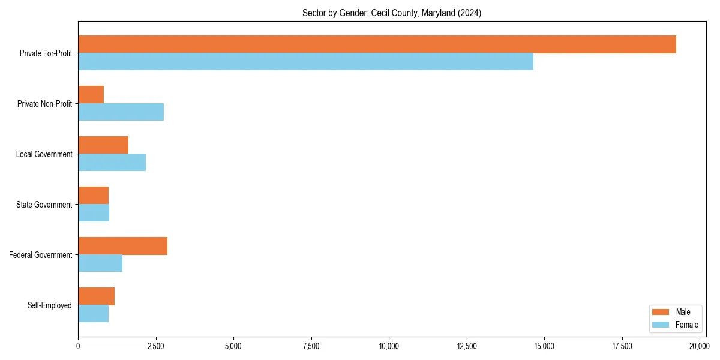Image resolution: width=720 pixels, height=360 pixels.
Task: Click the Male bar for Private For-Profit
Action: pyautogui.click(x=377, y=44)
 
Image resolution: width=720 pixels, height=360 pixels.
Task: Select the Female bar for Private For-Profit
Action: pyautogui.click(x=305, y=62)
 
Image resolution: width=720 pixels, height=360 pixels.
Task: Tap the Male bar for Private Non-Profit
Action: pyautogui.click(x=91, y=95)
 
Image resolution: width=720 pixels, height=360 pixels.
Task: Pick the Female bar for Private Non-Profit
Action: pyautogui.click(x=121, y=112)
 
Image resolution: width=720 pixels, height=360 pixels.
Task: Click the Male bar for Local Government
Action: pyautogui.click(x=103, y=145)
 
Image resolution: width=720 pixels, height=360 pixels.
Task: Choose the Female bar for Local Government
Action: pyautogui.click(x=112, y=163)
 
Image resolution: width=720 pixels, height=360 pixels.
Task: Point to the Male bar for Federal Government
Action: pyautogui.click(x=122, y=246)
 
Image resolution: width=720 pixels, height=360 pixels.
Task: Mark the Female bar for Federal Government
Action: pyautogui.click(x=100, y=263)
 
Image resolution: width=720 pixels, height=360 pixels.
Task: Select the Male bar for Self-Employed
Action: pyautogui.click(x=96, y=296)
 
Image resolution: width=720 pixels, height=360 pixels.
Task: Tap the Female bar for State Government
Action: pyautogui.click(x=94, y=213)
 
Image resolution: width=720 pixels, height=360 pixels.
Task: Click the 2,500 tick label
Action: pyautogui.click(x=155, y=346)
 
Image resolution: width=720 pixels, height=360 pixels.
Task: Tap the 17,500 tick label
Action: pyautogui.click(x=622, y=346)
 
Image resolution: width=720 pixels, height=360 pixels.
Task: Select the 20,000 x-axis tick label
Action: pyautogui.click(x=700, y=346)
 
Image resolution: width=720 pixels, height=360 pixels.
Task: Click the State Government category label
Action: pyautogui.click(x=44, y=205)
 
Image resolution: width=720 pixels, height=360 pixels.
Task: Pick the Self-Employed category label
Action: pyautogui.click(x=50, y=305)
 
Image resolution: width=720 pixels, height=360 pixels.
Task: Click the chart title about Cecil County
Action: pyautogui.click(x=391, y=13)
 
